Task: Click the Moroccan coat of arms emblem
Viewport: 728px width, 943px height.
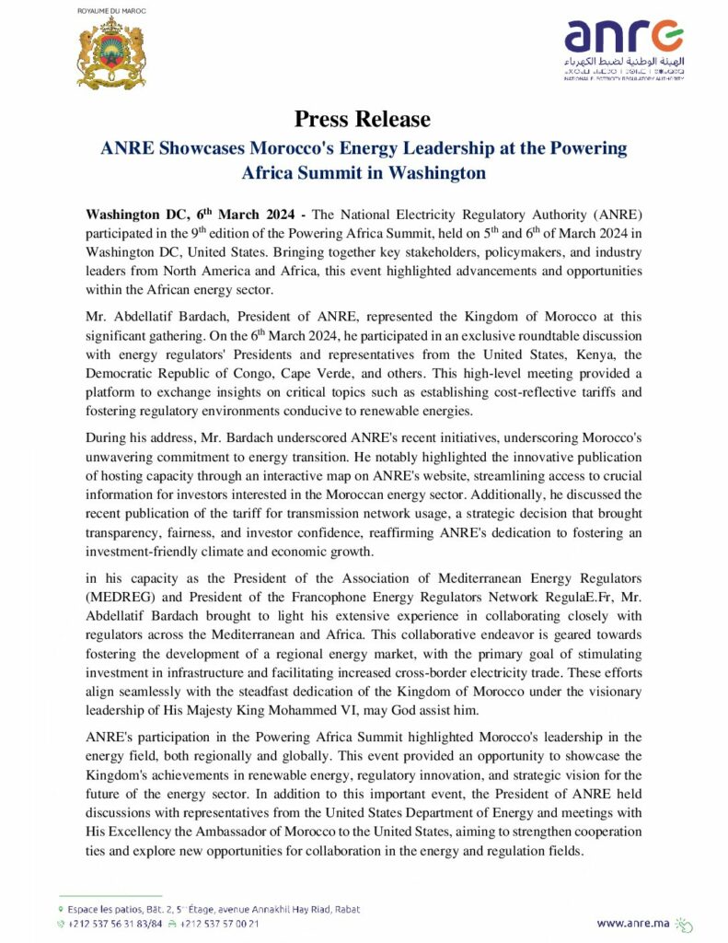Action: tap(111, 53)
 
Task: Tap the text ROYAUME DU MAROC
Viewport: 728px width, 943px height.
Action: tap(110, 9)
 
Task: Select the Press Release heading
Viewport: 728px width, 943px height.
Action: tap(363, 119)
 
